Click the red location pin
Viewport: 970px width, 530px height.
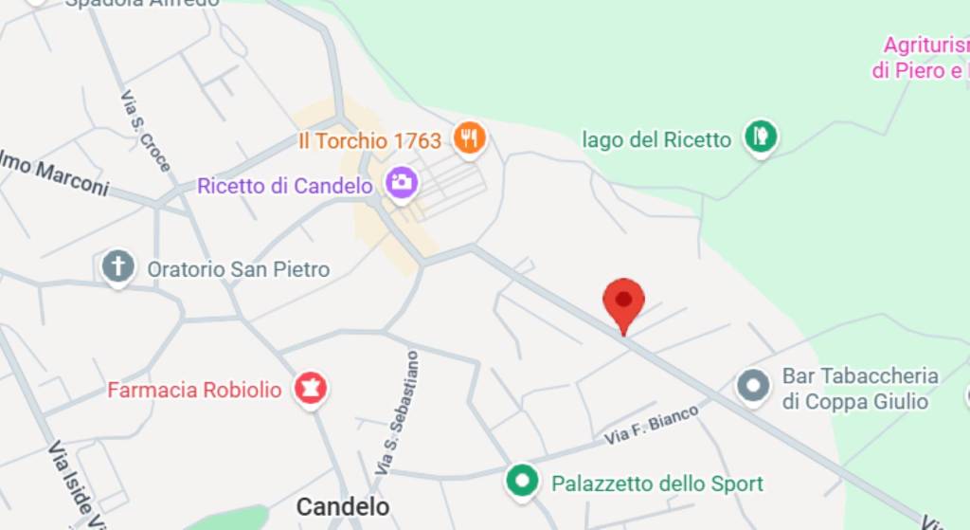pos(623,302)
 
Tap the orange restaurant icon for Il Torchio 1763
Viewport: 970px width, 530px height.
pos(469,138)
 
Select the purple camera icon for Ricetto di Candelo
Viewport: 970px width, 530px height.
pos(402,182)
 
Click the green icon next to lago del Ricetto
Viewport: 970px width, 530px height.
pos(760,137)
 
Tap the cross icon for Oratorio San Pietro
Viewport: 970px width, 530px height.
pos(118,267)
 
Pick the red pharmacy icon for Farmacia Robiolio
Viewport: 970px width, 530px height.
pos(310,388)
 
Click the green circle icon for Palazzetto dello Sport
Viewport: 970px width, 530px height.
pos(521,481)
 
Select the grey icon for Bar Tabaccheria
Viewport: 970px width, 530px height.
pos(753,386)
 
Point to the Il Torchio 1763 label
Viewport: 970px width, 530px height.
pos(369,141)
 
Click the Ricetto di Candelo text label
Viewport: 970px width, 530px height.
pos(284,186)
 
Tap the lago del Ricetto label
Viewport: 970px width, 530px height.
pos(656,140)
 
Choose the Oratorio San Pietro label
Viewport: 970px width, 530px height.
pos(238,269)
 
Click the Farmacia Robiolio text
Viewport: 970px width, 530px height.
pos(194,390)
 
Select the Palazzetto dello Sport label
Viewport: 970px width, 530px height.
pos(657,484)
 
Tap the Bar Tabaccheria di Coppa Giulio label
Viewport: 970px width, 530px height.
pos(859,389)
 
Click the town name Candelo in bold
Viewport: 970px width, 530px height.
pos(342,506)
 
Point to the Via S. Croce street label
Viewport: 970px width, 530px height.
pos(146,132)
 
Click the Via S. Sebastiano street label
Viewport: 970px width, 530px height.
pos(396,412)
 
